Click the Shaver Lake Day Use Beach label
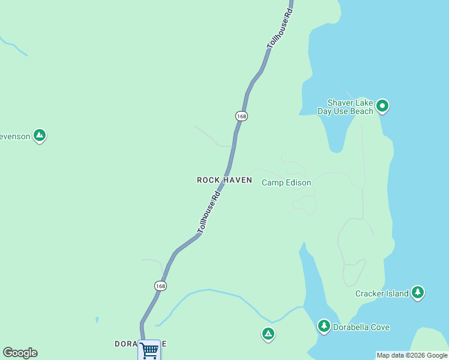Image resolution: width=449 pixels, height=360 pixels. click(351, 107)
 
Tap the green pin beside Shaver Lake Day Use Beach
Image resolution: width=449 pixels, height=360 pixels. click(382, 107)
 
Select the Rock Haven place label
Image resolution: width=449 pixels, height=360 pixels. click(224, 180)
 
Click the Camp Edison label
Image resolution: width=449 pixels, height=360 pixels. click(286, 182)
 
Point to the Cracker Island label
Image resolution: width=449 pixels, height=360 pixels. click(382, 293)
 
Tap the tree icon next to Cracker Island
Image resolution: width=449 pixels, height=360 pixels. click(418, 293)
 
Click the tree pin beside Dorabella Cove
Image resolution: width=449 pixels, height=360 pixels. click(324, 326)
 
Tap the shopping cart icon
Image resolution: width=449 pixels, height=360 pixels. click(149, 349)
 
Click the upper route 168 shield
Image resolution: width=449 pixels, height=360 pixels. click(241, 116)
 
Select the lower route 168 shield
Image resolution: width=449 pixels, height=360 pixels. click(160, 286)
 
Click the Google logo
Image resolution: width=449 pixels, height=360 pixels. click(20, 353)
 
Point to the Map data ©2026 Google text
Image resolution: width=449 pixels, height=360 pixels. click(412, 355)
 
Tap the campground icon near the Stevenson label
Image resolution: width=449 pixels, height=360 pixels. click(40, 136)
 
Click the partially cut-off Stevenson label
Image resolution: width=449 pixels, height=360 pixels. click(14, 136)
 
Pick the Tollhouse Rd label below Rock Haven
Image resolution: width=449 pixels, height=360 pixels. click(209, 212)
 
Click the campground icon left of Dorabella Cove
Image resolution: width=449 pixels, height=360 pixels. click(268, 334)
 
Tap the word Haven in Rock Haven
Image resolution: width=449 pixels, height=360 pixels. click(238, 180)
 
